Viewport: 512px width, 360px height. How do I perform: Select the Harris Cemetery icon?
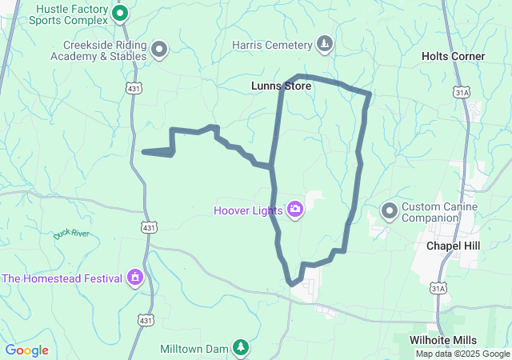[325, 43]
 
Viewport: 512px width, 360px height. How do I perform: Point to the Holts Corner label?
[454, 56]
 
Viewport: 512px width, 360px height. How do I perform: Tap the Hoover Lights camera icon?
[295, 210]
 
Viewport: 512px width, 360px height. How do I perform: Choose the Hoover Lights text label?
[248, 211]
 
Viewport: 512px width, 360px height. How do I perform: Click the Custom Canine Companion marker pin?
[390, 211]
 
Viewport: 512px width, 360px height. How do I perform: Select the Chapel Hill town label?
[453, 246]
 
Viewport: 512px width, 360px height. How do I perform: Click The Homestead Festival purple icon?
[135, 278]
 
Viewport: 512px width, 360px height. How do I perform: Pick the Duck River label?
[71, 234]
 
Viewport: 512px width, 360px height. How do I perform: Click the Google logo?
[26, 350]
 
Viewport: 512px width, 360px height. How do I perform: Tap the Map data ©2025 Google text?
[462, 354]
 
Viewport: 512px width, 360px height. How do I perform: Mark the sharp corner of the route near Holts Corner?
[369, 94]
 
